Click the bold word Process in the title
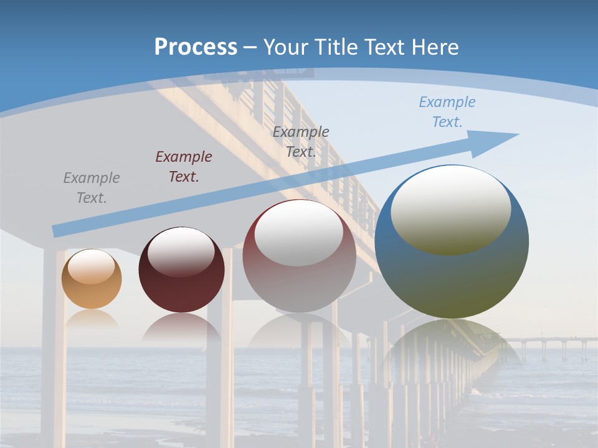(196, 47)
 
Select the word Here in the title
(435, 47)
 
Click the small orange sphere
(92, 286)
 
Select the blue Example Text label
(447, 112)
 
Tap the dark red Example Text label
(184, 167)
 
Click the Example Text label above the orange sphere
(92, 188)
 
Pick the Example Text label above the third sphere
(301, 141)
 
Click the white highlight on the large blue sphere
(450, 208)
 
